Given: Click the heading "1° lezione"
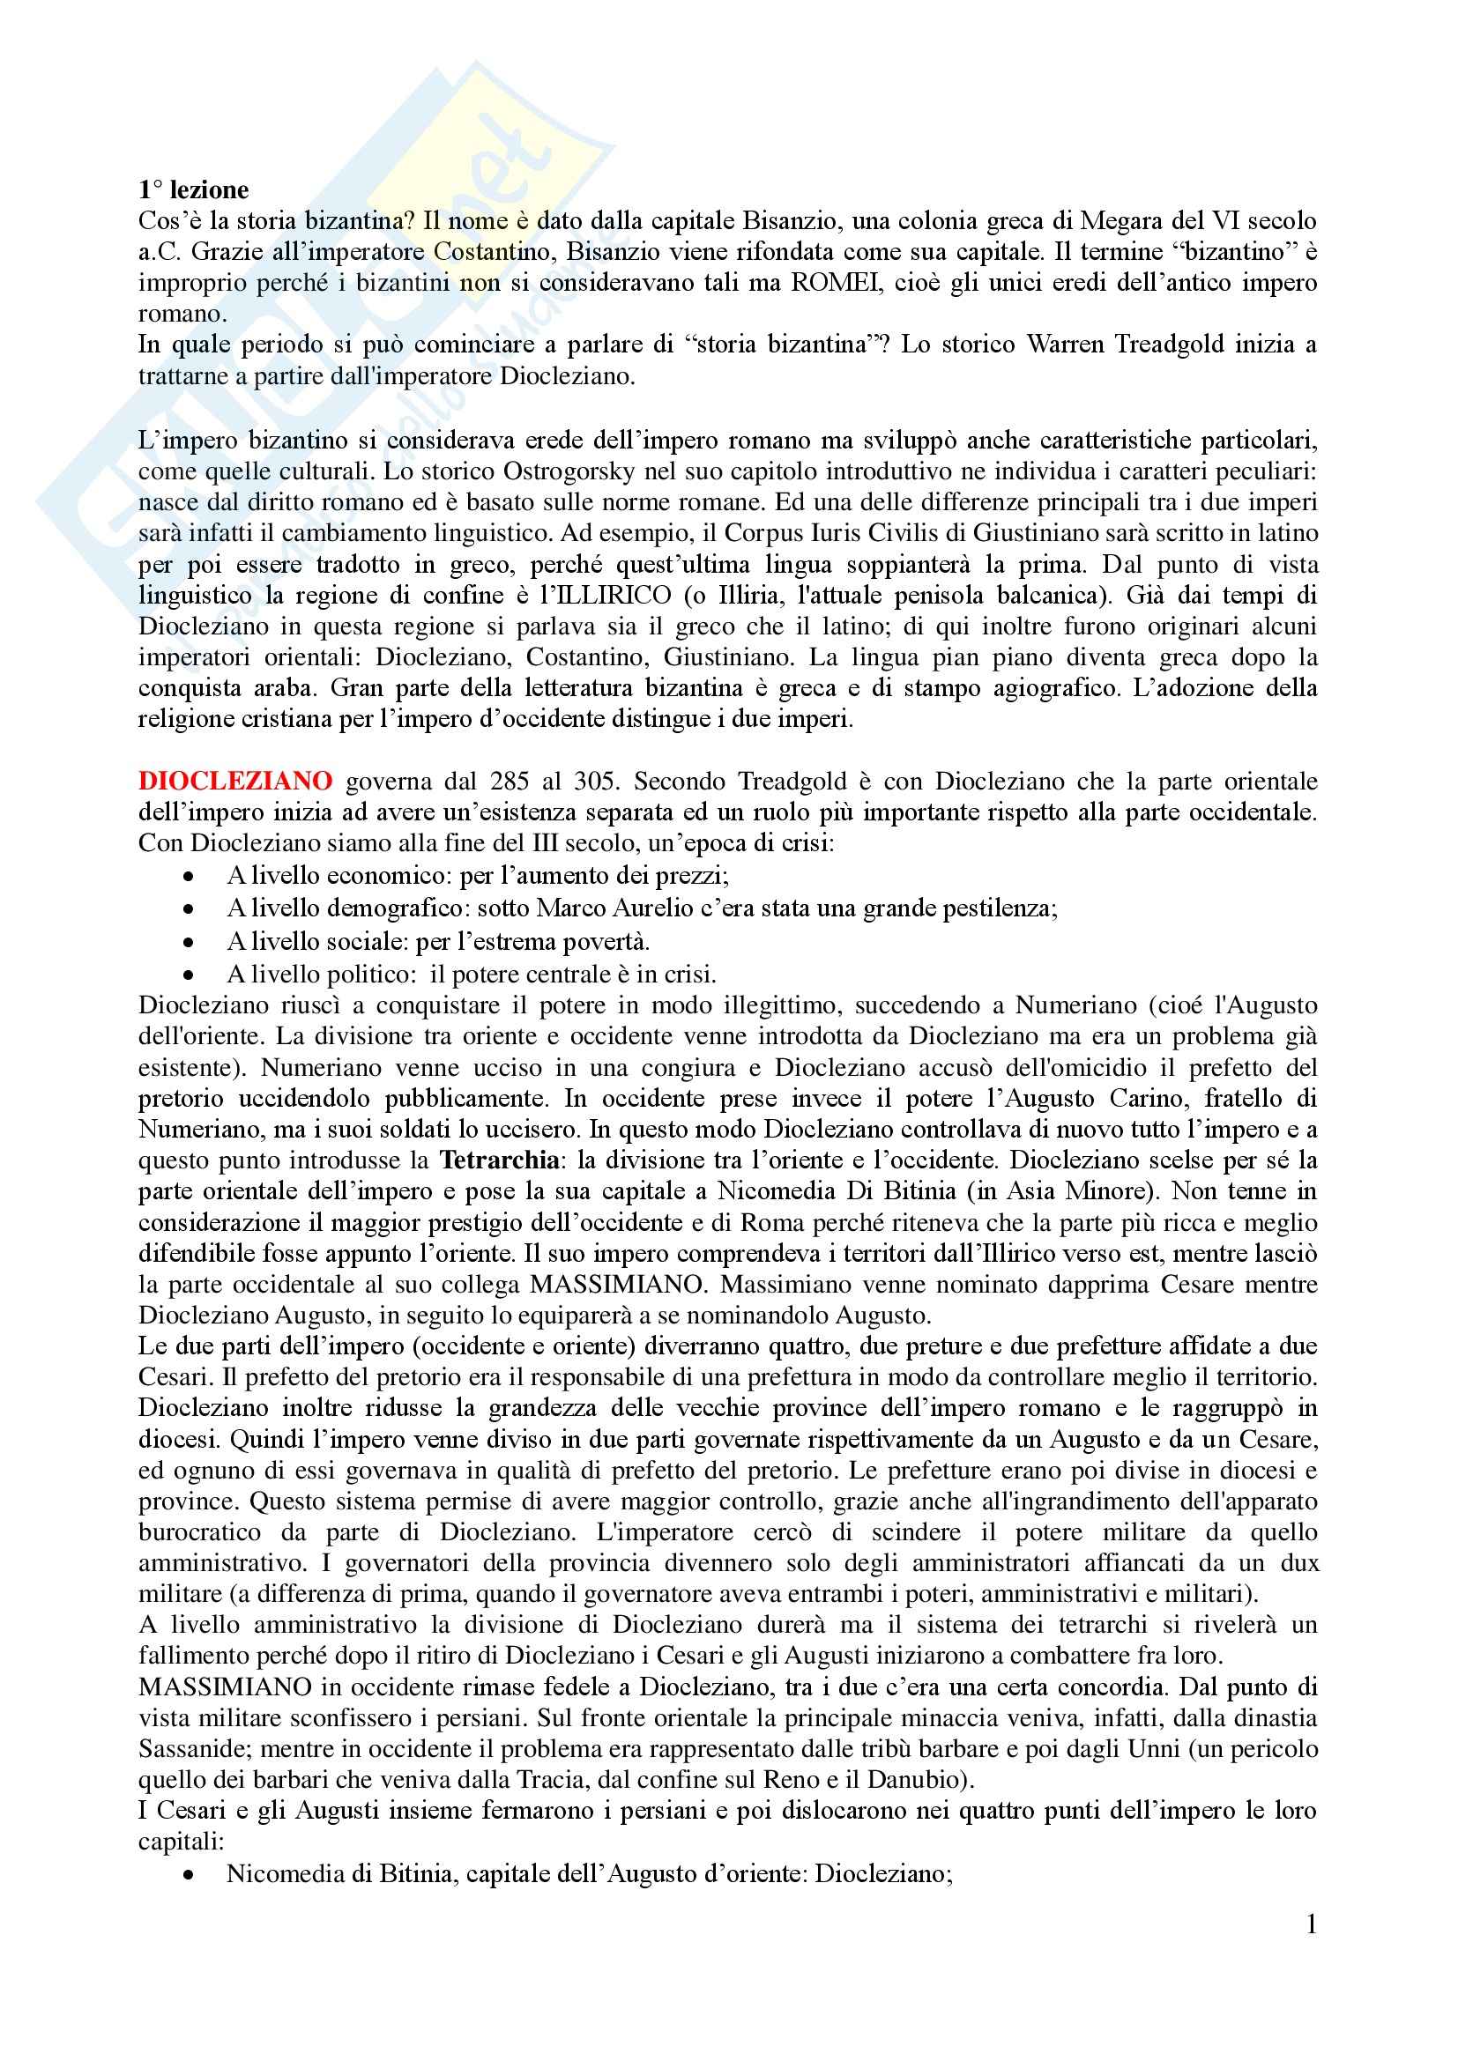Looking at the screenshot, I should point(193,190).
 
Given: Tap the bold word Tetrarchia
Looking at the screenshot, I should point(499,1160).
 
